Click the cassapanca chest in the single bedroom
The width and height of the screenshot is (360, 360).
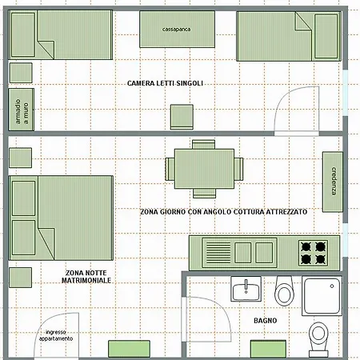click(x=177, y=29)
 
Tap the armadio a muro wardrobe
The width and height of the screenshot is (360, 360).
click(x=22, y=110)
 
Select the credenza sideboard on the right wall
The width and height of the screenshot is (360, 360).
click(x=333, y=182)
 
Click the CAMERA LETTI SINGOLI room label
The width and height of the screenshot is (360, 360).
click(x=165, y=83)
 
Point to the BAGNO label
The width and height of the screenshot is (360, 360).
click(x=265, y=320)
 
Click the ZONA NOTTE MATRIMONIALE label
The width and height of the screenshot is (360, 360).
click(x=86, y=277)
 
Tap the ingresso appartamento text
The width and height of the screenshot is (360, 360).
click(x=56, y=335)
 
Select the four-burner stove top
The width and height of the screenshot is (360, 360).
click(x=313, y=253)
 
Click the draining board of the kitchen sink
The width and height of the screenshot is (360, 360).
click(x=218, y=253)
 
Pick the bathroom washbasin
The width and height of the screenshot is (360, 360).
click(x=246, y=289)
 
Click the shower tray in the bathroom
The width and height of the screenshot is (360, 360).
click(x=322, y=296)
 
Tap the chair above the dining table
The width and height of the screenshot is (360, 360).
click(x=204, y=145)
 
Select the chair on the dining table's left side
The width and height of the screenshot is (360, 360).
click(x=170, y=169)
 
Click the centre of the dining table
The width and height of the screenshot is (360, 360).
click(x=204, y=169)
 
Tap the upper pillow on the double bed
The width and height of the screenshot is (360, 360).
click(x=23, y=198)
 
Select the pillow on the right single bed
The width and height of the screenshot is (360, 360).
click(x=326, y=36)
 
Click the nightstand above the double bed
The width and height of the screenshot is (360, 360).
click(x=20, y=158)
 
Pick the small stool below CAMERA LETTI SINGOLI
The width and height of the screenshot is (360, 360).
click(x=182, y=117)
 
